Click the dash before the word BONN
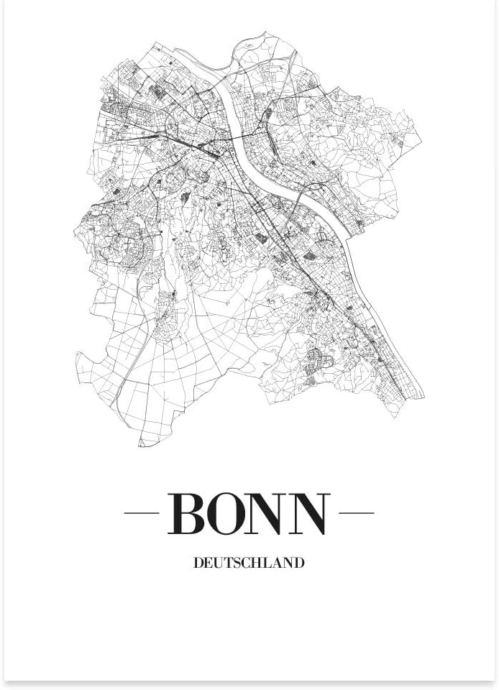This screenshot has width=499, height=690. point(141,513)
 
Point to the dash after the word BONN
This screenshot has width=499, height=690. point(356,513)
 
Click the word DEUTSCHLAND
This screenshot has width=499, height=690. point(249,563)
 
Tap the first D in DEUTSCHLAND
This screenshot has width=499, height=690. point(198,563)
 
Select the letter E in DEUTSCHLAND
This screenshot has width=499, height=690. point(209,563)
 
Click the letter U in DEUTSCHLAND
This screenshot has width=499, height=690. point(219,563)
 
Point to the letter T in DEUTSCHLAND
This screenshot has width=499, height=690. point(229,563)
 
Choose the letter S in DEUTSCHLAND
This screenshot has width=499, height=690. point(237,563)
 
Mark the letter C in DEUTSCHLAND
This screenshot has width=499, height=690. point(247,563)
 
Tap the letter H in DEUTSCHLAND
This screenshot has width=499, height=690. point(257,563)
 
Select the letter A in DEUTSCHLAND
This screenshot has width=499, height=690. point(278,563)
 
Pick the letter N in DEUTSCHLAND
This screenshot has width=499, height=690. point(288,563)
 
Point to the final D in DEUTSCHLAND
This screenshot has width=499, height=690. point(299,563)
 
